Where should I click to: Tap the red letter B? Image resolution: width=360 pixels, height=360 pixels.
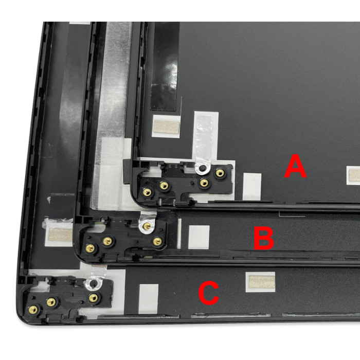[x=264, y=238]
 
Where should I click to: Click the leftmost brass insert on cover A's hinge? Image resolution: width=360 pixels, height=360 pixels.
[x=147, y=191]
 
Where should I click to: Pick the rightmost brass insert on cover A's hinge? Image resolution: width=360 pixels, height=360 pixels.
[x=220, y=173]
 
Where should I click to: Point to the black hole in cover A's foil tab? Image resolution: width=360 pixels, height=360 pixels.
[x=202, y=168]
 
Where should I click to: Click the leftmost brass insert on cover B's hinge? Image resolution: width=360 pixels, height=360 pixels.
[x=90, y=247]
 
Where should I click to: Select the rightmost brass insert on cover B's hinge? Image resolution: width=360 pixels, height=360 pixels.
[x=157, y=241]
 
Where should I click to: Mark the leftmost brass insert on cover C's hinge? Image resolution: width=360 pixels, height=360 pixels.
[x=33, y=310]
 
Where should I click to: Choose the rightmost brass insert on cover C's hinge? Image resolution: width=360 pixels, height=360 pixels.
[x=93, y=298]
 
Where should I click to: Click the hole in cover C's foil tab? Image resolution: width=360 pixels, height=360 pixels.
[x=94, y=284]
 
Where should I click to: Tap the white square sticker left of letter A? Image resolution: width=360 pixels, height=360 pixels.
[x=252, y=187]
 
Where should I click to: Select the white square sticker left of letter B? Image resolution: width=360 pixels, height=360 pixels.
[x=199, y=237]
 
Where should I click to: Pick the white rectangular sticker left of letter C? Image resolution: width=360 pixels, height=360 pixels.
[x=149, y=299]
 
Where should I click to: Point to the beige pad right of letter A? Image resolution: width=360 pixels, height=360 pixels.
[x=354, y=174]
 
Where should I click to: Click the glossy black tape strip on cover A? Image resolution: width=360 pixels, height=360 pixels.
[x=165, y=66]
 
